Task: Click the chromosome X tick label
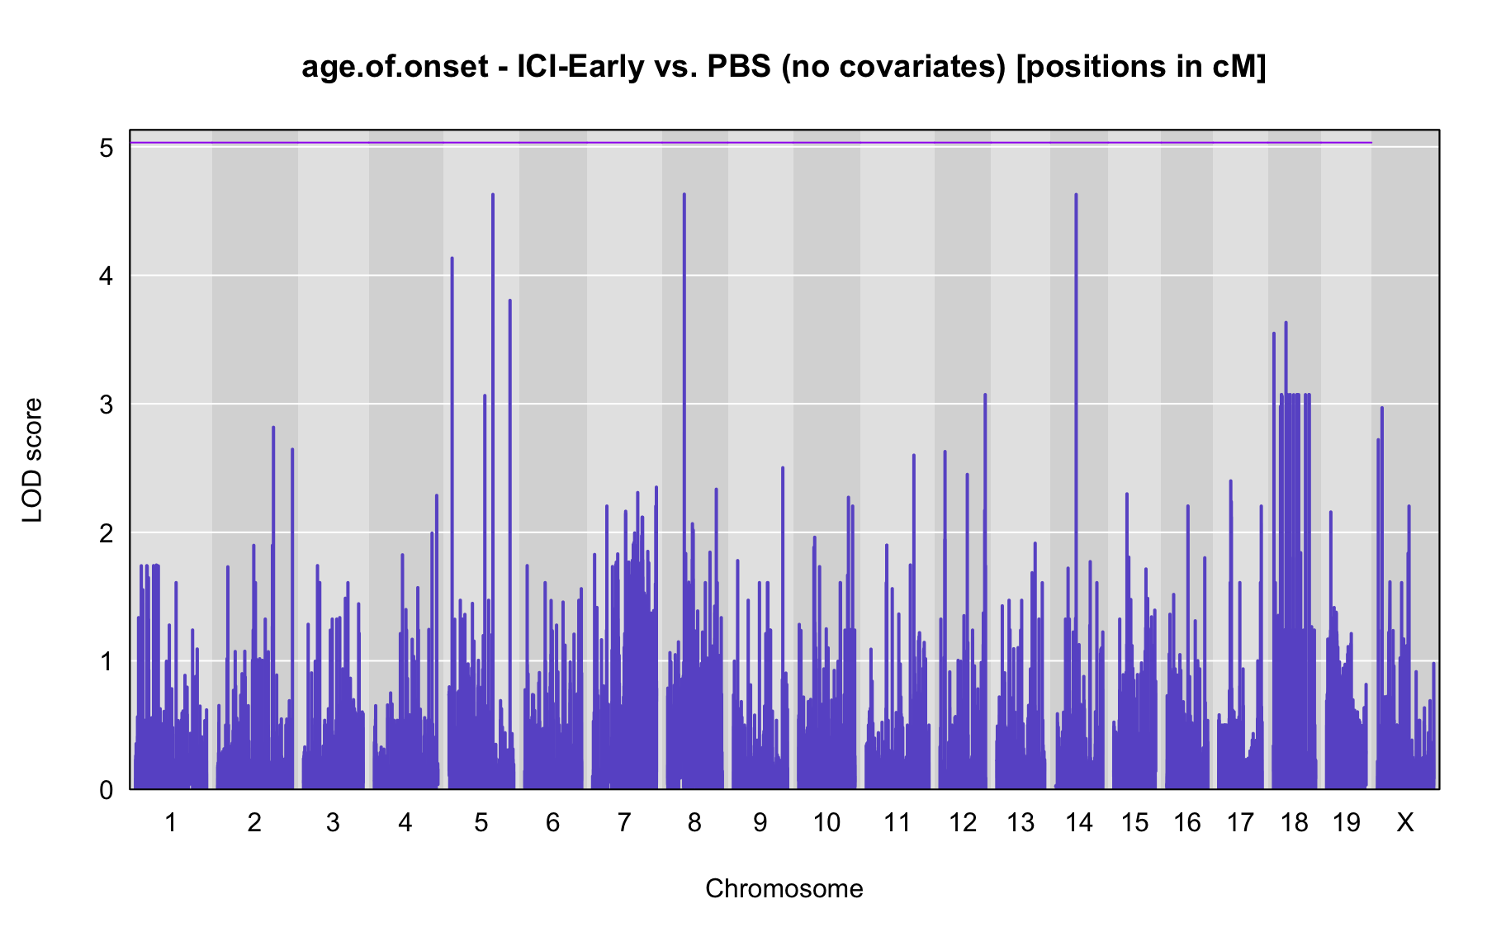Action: [x=1404, y=823]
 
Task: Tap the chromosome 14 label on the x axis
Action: [x=1079, y=823]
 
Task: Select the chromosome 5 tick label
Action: [x=481, y=823]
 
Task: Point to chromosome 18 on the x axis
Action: [x=1295, y=823]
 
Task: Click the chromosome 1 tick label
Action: [x=171, y=823]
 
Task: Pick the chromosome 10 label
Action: [x=826, y=823]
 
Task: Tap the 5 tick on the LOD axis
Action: [x=107, y=149]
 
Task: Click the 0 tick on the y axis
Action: [x=107, y=790]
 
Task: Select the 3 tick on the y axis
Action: [x=107, y=405]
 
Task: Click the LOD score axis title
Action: [x=33, y=460]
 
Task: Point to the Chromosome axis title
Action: [x=784, y=889]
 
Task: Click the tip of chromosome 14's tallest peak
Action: [x=1076, y=194]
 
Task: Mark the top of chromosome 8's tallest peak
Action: [x=684, y=194]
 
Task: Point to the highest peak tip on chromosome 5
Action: [x=493, y=194]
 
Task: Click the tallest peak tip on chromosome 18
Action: [x=1286, y=322]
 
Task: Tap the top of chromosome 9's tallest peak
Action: [x=783, y=467]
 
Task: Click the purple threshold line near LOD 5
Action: [x=751, y=143]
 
